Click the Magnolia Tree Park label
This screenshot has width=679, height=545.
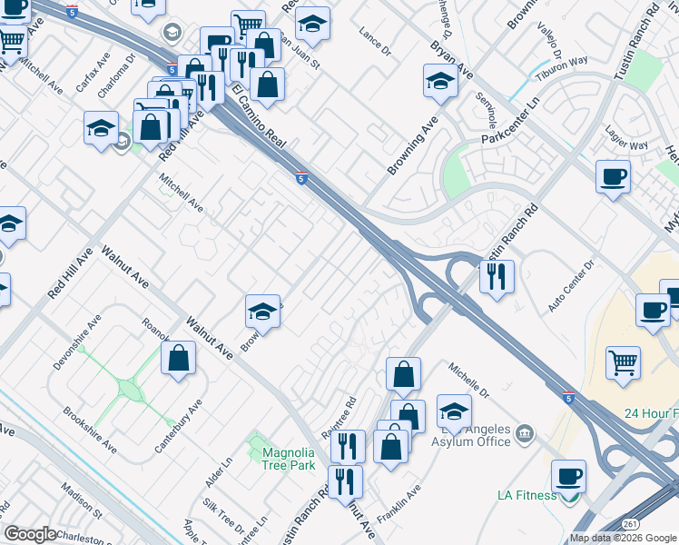289,459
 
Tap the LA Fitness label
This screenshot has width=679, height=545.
526,495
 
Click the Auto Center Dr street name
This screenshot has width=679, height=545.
569,287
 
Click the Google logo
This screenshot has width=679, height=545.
30,534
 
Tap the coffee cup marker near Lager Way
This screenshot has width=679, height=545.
614,175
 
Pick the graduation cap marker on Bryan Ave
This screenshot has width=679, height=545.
440,80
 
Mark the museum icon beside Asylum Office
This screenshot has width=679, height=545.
523,435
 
